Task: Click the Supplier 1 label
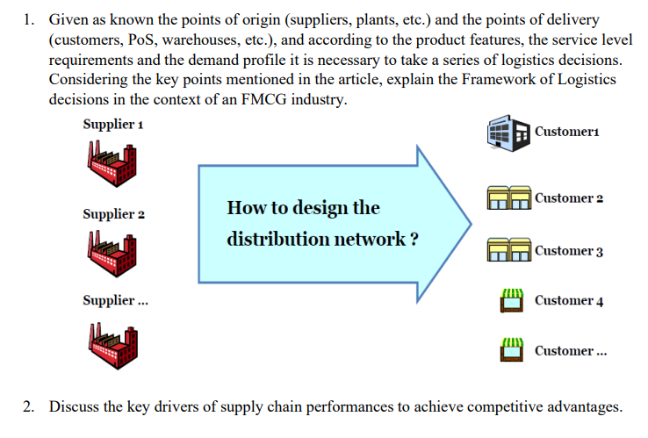(113, 124)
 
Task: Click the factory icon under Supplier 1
(112, 160)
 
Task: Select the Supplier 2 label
(113, 213)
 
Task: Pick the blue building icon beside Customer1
(508, 133)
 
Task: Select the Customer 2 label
(568, 197)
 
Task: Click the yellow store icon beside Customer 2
(508, 199)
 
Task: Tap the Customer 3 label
(568, 251)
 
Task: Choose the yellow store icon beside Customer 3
(508, 250)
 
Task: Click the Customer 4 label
(568, 300)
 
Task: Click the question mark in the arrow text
(412, 239)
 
